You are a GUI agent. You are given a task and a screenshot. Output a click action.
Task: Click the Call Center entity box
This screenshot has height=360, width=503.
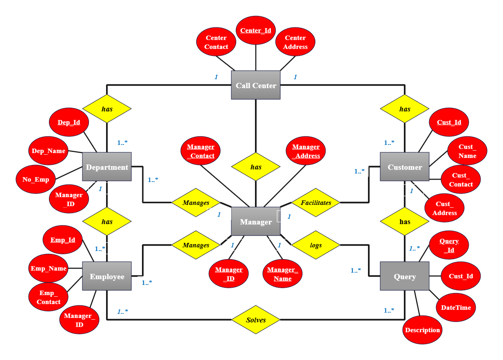click(x=256, y=85)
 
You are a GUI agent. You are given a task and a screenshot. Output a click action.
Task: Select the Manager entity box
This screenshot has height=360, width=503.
click(x=256, y=222)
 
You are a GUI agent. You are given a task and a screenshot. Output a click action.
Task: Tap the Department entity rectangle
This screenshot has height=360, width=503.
click(x=107, y=167)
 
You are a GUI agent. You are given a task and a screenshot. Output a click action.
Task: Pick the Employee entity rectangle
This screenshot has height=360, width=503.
click(x=107, y=276)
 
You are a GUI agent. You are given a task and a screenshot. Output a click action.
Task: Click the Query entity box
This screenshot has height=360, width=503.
click(x=405, y=276)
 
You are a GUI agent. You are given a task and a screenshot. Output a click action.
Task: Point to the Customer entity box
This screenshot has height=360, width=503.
click(x=405, y=167)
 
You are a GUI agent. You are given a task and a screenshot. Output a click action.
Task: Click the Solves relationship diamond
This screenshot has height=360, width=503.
click(x=256, y=320)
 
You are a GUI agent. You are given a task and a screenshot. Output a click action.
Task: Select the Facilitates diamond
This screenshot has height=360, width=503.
click(x=316, y=202)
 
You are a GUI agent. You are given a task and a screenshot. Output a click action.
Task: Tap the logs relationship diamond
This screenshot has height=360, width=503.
click(x=316, y=245)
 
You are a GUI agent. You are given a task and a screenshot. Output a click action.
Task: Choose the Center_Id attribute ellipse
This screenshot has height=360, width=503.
click(x=256, y=31)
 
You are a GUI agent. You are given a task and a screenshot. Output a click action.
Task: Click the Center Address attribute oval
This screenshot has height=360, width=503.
click(x=295, y=42)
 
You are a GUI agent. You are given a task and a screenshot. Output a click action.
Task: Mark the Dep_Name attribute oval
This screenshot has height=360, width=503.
click(x=49, y=151)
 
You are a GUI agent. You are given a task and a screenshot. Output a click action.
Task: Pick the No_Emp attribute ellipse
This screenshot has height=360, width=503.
click(x=36, y=179)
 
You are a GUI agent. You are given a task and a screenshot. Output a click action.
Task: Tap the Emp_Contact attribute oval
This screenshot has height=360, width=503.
click(x=49, y=297)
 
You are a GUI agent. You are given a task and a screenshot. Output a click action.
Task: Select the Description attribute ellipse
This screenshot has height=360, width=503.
click(x=423, y=330)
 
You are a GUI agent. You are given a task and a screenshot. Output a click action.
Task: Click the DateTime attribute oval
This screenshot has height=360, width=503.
click(x=456, y=307)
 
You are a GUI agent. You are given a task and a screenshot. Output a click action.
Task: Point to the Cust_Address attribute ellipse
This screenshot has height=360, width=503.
click(x=445, y=208)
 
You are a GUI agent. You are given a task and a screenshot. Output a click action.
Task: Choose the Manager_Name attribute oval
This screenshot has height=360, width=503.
click(x=283, y=274)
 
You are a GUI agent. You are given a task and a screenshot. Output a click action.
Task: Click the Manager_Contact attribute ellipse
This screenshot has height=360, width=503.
click(x=200, y=151)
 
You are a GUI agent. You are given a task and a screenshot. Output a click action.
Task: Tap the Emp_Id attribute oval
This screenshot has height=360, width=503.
click(x=63, y=240)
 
